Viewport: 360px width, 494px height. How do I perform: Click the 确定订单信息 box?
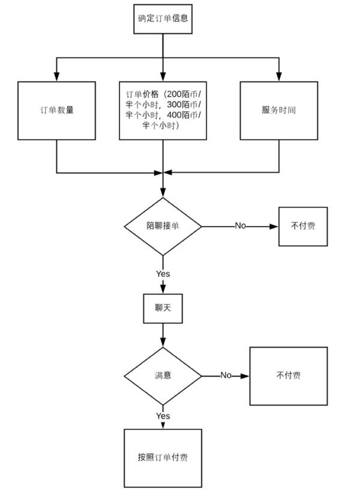tap(163, 19)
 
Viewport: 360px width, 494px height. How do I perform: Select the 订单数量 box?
tap(57, 110)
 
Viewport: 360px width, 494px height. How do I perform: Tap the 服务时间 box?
tap(279, 110)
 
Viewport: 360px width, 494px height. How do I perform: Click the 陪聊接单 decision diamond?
tap(163, 226)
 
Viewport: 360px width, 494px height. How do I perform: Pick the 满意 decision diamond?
tap(163, 376)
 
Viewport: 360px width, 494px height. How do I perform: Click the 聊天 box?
tap(163, 308)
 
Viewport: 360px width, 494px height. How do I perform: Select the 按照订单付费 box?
tap(163, 458)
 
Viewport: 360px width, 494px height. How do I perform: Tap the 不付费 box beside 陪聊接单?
tap(303, 226)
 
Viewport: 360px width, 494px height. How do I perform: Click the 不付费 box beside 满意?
tap(289, 376)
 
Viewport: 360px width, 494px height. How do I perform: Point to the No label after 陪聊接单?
tap(241, 225)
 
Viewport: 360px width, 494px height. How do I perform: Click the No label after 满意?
tap(226, 375)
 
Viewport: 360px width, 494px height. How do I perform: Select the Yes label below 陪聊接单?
tap(163, 274)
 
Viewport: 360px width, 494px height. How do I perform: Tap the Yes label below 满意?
tap(163, 416)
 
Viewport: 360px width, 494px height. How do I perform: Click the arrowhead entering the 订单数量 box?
tap(57, 77)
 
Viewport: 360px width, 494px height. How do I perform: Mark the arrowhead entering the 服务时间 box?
tap(279, 77)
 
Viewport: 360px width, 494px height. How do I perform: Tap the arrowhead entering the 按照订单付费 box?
tap(163, 425)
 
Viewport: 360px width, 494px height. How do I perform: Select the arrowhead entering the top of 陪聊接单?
tap(163, 193)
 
